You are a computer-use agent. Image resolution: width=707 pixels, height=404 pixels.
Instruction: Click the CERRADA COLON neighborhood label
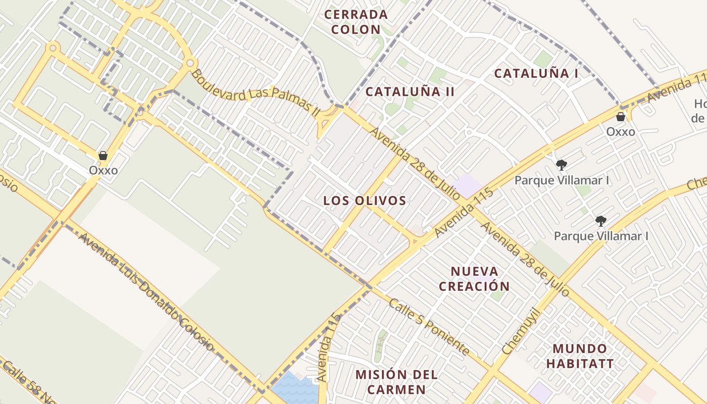[x=356, y=22]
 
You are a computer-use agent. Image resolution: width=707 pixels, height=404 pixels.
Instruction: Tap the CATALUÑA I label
[x=536, y=73]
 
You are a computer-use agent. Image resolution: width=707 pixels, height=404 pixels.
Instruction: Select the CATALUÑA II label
[x=410, y=91]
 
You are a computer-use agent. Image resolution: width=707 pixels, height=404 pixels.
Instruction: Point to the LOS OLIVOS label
[x=365, y=200]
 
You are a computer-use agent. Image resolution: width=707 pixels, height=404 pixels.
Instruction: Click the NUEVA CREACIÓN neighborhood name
[x=474, y=279]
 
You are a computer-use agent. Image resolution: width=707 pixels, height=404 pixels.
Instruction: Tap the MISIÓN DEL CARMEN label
[x=396, y=382]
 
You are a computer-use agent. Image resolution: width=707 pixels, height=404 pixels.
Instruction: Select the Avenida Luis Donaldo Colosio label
[x=146, y=292]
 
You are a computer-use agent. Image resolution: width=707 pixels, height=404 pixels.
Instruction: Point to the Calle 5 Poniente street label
[x=429, y=327]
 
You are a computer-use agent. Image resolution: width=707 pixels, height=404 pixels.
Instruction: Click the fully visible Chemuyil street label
[x=521, y=331]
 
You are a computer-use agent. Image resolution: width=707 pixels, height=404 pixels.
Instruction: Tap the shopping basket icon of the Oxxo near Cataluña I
[x=621, y=117]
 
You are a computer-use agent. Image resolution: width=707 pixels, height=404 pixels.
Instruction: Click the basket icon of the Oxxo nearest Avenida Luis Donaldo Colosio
[x=103, y=156]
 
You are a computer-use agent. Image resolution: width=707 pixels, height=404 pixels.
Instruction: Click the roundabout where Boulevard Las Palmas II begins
[x=190, y=63]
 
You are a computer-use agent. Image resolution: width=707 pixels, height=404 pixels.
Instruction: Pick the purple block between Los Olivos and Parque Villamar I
[x=468, y=185]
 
